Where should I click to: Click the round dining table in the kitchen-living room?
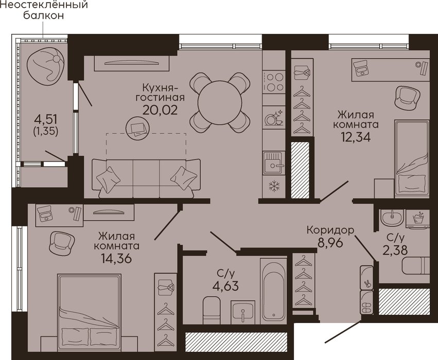[220, 102]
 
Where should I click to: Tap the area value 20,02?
[160, 110]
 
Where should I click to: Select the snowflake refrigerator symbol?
[274, 186]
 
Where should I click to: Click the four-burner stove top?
[274, 82]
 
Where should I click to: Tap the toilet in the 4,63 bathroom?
[211, 310]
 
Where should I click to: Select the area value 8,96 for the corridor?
[330, 243]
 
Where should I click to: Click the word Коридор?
[330, 230]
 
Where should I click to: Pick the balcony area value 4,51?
[45, 119]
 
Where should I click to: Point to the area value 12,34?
[355, 137]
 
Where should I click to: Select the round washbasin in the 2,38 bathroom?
[392, 218]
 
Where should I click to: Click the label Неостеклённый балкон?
[44, 10]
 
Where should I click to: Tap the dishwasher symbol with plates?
[274, 118]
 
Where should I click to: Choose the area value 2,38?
[395, 250]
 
